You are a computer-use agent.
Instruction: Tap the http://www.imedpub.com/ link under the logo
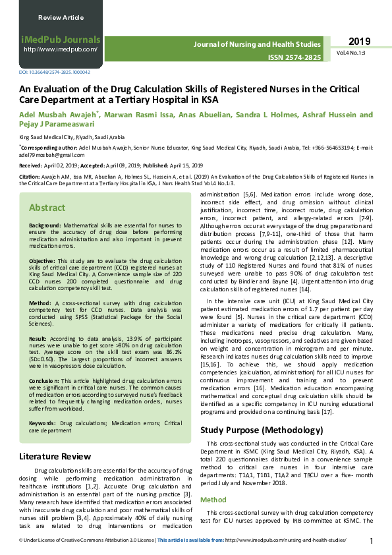61,49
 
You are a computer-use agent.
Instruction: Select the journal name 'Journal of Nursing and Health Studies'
256,44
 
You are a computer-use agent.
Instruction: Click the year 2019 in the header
360,40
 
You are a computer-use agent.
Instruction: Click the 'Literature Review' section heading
55,456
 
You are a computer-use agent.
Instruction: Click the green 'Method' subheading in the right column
213,500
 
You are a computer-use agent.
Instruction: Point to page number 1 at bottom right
372,541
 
